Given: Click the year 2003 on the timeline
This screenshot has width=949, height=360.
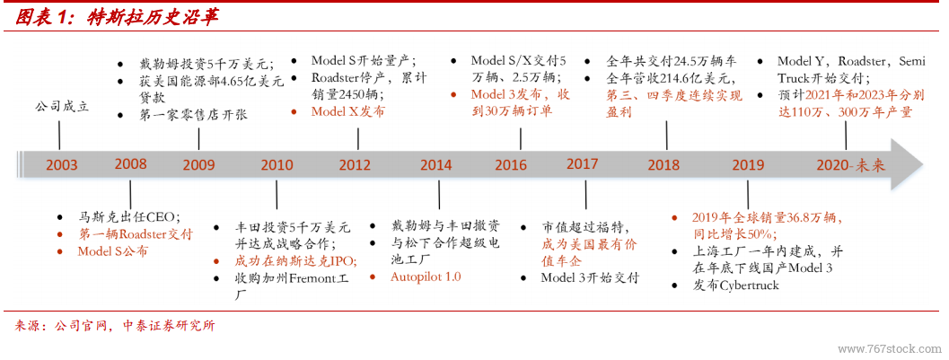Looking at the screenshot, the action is (x=61, y=165).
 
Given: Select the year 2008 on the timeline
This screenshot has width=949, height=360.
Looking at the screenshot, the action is (x=130, y=164).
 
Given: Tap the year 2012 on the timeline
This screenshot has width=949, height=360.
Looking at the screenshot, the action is (x=355, y=165).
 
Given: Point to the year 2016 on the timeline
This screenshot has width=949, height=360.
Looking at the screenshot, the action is (x=511, y=165).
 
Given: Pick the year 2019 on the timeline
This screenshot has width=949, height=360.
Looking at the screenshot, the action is (x=748, y=165).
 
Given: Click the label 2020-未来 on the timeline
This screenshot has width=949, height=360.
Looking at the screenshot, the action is (x=850, y=165).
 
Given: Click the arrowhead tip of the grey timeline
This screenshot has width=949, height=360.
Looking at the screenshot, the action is (x=924, y=164).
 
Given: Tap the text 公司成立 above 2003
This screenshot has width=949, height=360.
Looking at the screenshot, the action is (x=61, y=107).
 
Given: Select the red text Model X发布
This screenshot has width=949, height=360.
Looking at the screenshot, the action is (x=347, y=112).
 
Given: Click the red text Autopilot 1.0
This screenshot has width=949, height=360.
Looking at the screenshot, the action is (x=426, y=277).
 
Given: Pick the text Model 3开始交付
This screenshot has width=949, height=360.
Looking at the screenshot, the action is (x=590, y=277).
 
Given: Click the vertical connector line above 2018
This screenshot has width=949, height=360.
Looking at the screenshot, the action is (x=666, y=135).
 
